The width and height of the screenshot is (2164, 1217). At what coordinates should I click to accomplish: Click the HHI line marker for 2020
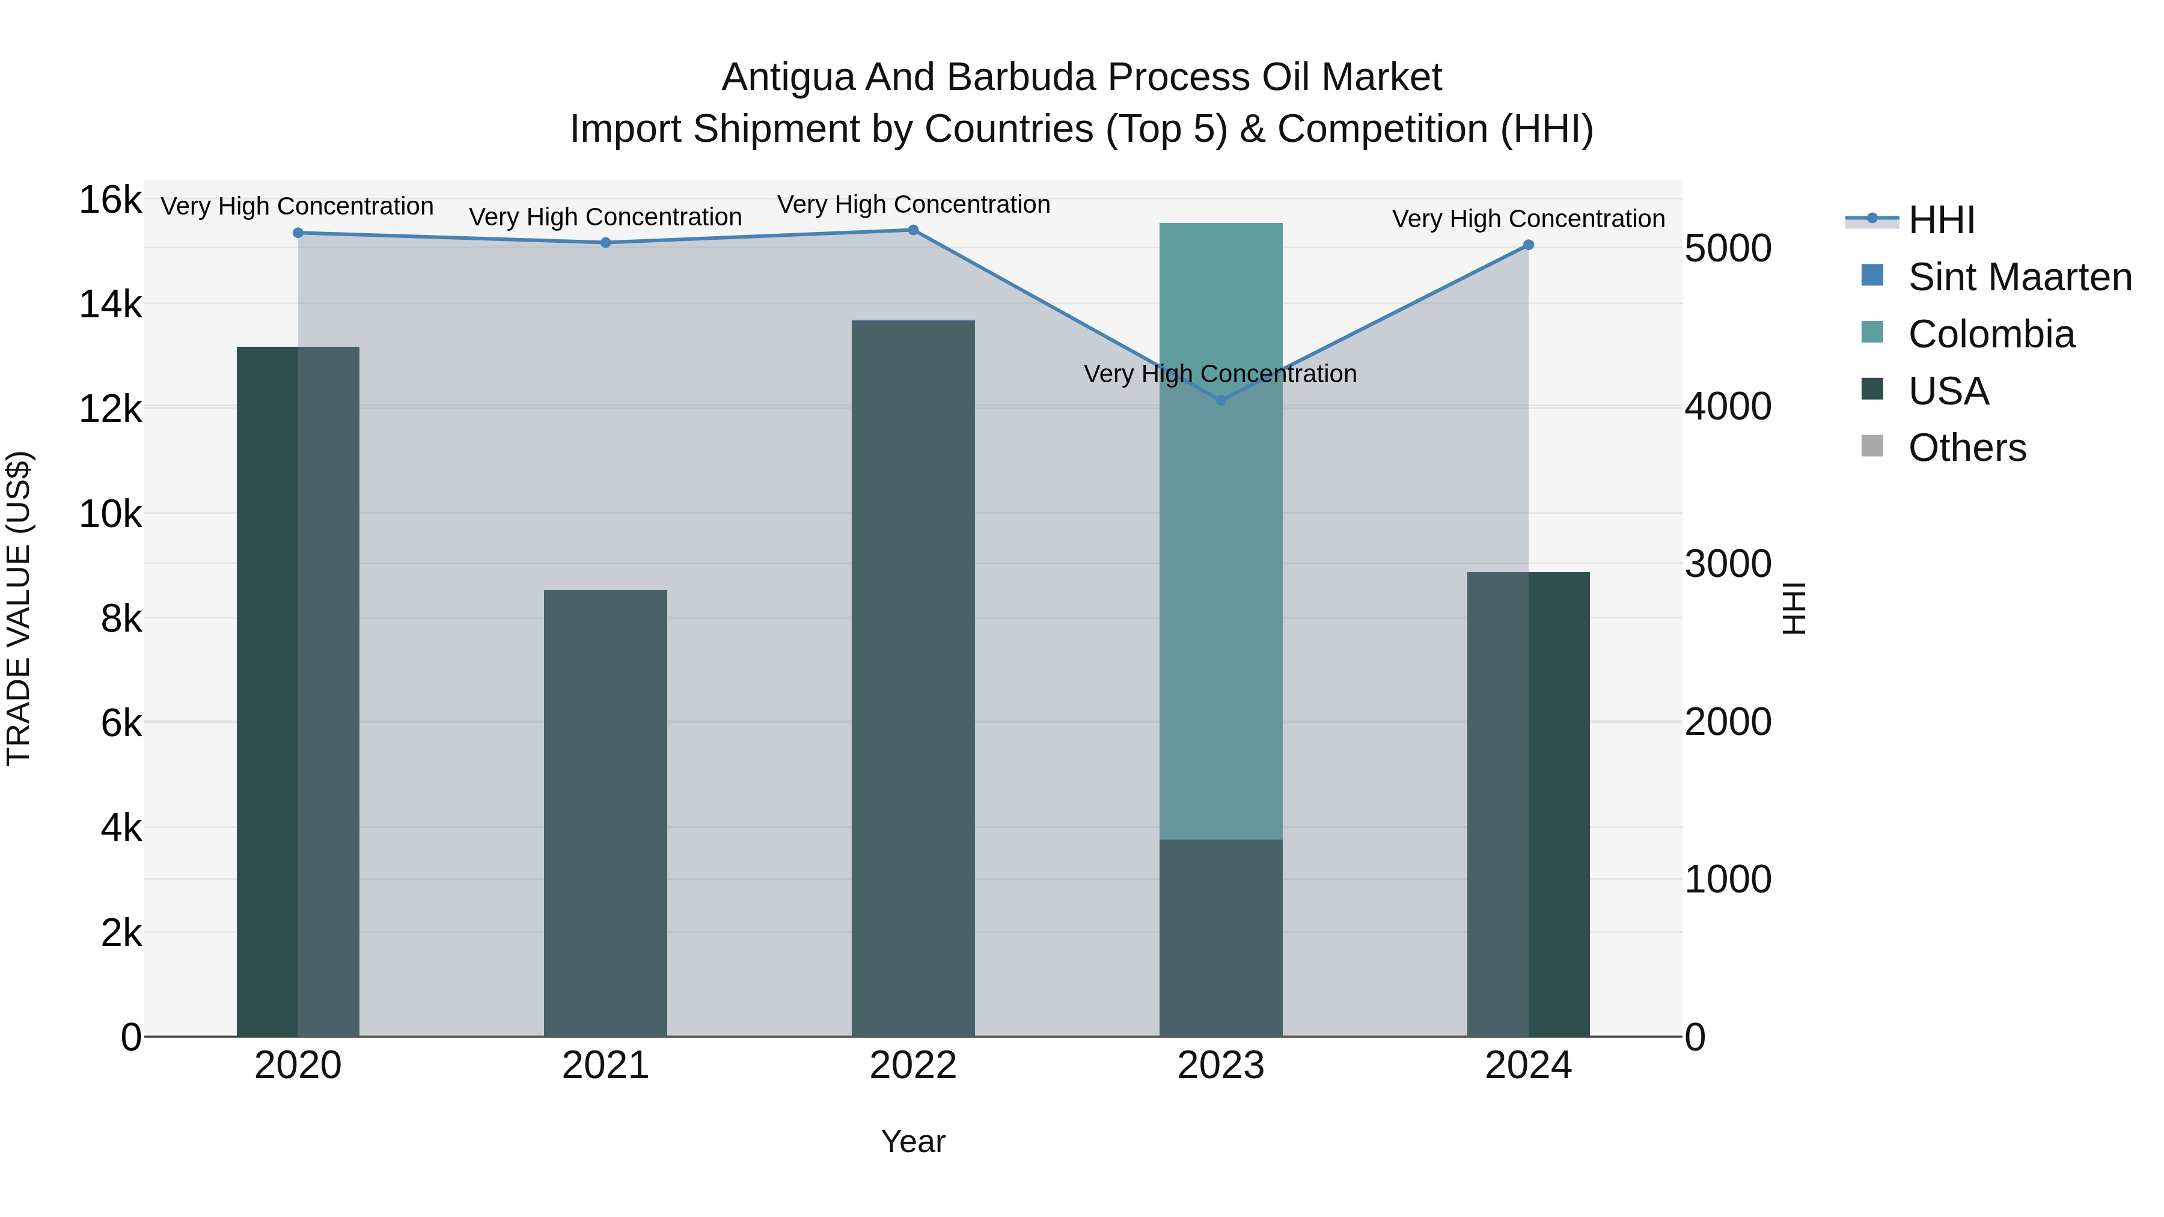coord(298,233)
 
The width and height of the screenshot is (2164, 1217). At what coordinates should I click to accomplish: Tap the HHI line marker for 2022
coord(913,230)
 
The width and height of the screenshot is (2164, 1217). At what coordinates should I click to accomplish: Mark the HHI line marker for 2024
coord(1528,245)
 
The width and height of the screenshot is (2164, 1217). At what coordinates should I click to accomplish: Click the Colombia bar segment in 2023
coord(1221,529)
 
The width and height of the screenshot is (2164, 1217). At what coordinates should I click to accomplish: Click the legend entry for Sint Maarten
coord(2020,277)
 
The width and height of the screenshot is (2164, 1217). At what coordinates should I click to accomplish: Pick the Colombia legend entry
coord(1991,334)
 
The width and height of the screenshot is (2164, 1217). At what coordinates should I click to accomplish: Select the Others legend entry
coord(1967,448)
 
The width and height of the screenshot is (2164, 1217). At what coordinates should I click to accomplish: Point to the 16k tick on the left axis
coord(110,201)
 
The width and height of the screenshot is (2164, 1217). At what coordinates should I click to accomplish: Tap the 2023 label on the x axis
coord(1221,1066)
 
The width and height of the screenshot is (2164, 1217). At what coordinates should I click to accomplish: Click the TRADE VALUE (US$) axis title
coord(19,608)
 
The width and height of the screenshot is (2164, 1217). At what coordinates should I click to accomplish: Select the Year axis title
coord(913,1141)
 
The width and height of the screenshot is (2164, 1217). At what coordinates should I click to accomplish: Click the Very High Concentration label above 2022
coord(913,204)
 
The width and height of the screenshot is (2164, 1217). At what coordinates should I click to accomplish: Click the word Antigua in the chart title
coord(787,78)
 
